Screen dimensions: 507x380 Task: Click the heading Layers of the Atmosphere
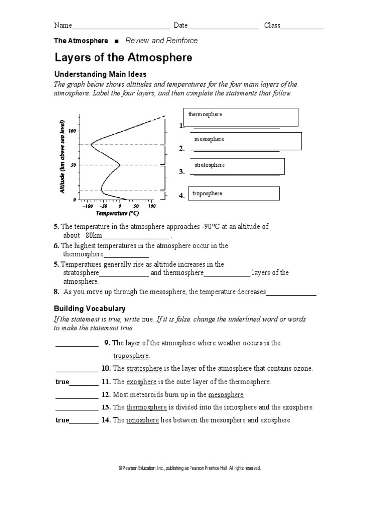123,58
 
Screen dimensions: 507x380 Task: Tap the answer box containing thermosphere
240,117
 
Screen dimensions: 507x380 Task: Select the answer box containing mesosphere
245,141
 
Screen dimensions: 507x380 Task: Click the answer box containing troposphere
231,194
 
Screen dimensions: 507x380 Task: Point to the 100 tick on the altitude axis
72,131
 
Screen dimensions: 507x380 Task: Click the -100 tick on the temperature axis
87,206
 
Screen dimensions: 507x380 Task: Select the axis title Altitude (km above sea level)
63,156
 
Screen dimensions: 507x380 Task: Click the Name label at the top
63,25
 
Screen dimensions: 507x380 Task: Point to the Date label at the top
180,25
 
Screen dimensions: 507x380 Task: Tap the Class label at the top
272,25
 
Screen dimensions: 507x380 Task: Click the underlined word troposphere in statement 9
131,356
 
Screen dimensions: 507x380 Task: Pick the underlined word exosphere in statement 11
142,382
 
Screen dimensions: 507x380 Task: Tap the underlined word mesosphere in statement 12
226,395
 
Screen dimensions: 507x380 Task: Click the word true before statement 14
62,420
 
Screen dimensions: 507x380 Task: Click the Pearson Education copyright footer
190,468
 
